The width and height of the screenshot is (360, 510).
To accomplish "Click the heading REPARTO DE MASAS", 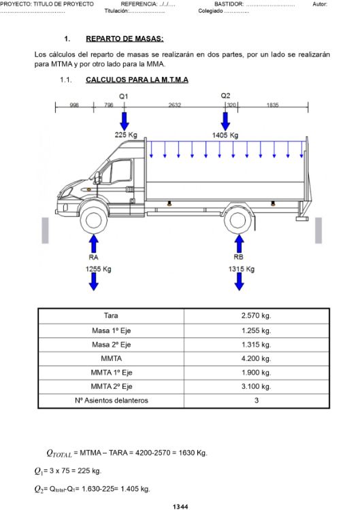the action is tap(125, 39).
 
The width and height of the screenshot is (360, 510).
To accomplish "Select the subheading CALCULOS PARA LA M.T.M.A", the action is tap(137, 80).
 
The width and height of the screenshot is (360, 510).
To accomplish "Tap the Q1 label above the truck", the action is tap(124, 97).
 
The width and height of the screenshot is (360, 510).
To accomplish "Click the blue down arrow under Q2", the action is tap(225, 121).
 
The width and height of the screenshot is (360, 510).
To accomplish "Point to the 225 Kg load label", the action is tap(126, 135).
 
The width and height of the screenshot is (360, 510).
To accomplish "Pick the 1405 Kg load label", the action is tap(225, 135).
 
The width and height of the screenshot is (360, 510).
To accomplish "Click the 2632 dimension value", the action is tap(174, 105).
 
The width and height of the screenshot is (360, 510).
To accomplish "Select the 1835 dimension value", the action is tap(272, 105).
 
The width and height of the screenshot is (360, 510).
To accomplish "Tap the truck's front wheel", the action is tap(94, 220).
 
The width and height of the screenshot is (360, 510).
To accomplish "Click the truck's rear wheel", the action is tap(238, 220).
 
